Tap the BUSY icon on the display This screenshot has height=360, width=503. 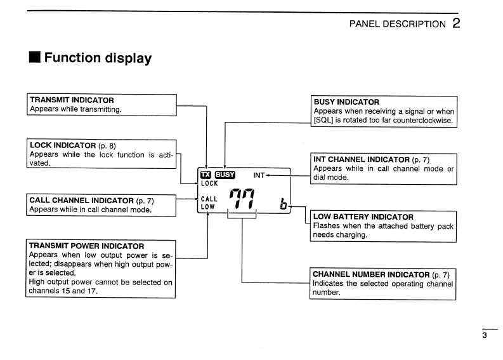coord(225,175)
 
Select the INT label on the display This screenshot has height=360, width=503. coord(259,175)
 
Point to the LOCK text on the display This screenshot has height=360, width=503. coord(209,183)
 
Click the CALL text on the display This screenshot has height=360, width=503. coord(209,199)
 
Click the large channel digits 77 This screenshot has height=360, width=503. coord(242,201)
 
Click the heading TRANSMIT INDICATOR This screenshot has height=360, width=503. coord(72,100)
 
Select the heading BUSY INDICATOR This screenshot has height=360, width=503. coord(346,102)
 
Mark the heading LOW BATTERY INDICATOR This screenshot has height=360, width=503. coord(363,217)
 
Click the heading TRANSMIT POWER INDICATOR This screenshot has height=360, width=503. coord(87,246)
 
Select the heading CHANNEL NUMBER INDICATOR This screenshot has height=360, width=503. coord(371,274)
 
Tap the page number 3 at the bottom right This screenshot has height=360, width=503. coord(485,337)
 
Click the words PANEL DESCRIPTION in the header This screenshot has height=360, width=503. coord(398,24)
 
